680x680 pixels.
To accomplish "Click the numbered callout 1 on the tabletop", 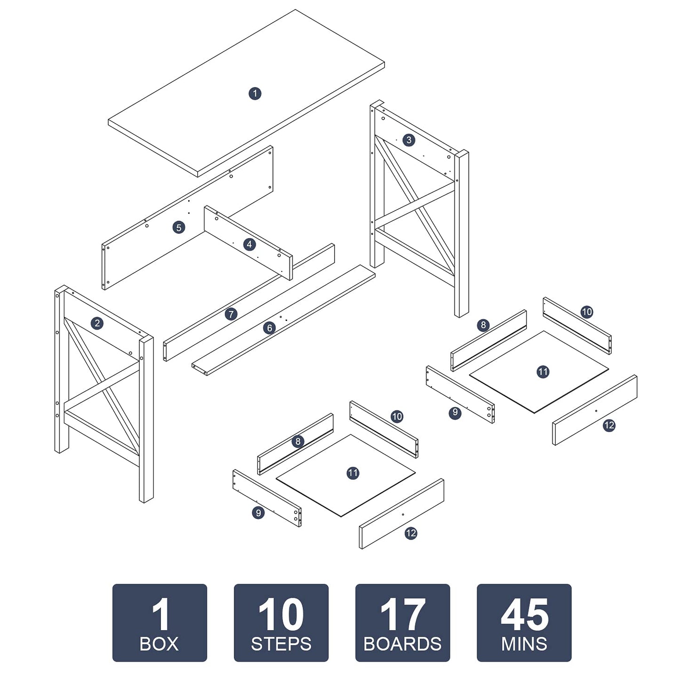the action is pyautogui.click(x=255, y=94).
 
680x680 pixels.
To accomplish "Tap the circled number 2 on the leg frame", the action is pyautogui.click(x=97, y=323).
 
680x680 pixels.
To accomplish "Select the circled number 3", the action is pyautogui.click(x=408, y=140).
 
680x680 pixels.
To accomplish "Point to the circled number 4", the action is pyautogui.click(x=249, y=244).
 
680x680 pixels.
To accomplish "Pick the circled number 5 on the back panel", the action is pyautogui.click(x=179, y=227).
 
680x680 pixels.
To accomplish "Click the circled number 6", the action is pyautogui.click(x=270, y=328).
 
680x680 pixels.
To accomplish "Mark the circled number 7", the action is pyautogui.click(x=231, y=314).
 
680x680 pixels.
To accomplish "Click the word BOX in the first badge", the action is pyautogui.click(x=159, y=644).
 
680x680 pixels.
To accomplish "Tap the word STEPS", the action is pyautogui.click(x=281, y=644).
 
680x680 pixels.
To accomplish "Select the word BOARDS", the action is pyautogui.click(x=403, y=644).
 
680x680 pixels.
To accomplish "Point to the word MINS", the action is pyautogui.click(x=524, y=644).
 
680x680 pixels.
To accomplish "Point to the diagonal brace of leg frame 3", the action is pyautogui.click(x=415, y=205).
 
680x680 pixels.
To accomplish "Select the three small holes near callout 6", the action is pyautogui.click(x=283, y=318).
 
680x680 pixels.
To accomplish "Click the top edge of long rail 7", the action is pyautogui.click(x=249, y=293).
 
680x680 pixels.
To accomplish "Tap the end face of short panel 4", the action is pyautogui.click(x=291, y=268).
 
